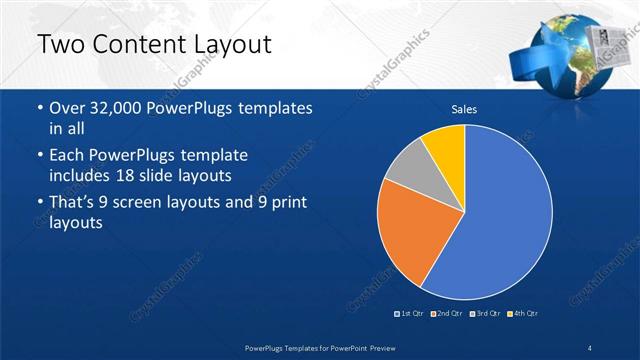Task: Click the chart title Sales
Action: [x=464, y=108]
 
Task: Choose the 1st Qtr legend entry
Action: [x=410, y=314]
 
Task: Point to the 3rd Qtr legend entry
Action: [x=486, y=314]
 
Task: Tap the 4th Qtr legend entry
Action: [x=524, y=314]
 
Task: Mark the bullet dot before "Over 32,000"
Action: [x=39, y=108]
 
